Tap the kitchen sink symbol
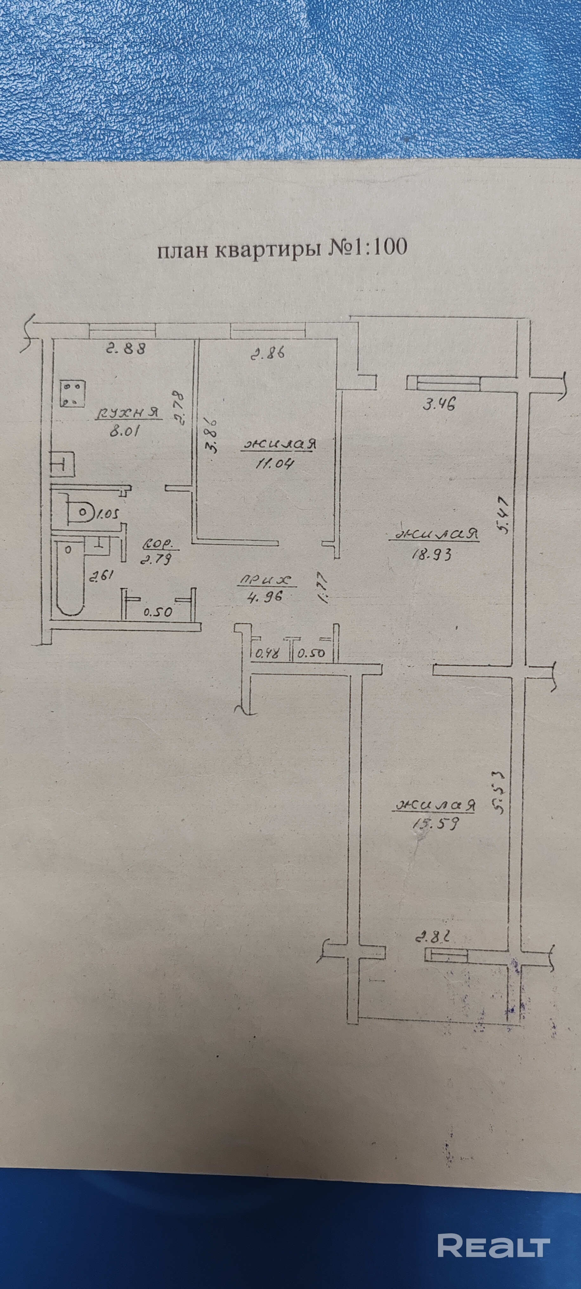tap(62, 464)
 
